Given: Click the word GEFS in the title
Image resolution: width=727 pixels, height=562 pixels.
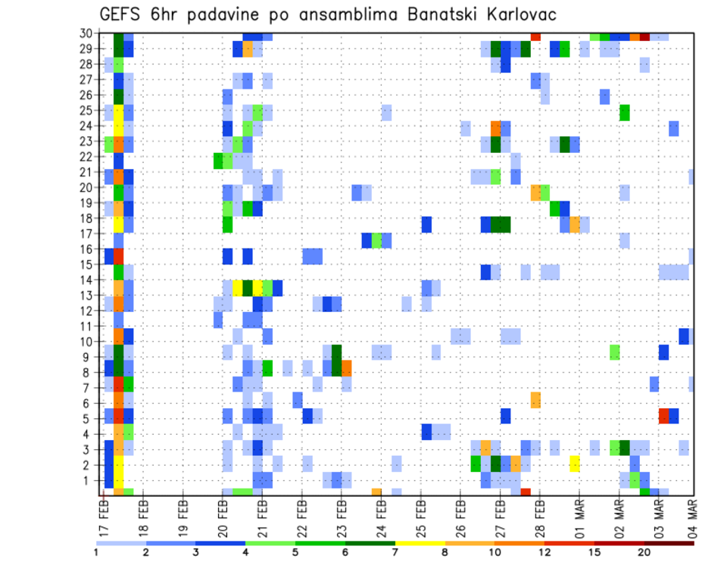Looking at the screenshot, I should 120,14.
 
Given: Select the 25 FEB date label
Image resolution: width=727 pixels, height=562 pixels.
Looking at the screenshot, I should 420,515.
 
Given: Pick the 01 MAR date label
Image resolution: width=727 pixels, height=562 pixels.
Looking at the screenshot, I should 579,515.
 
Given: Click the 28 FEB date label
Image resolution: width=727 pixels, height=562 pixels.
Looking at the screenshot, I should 539,515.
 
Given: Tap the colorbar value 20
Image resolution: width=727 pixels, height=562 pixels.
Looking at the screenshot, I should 644,552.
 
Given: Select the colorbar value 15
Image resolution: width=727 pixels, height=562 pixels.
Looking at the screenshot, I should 594,552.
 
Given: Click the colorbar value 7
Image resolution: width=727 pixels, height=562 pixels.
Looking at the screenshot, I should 395,552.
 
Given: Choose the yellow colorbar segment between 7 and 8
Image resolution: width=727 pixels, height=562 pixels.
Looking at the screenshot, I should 420,543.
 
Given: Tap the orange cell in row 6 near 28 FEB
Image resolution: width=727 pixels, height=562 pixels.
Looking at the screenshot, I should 535,400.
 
